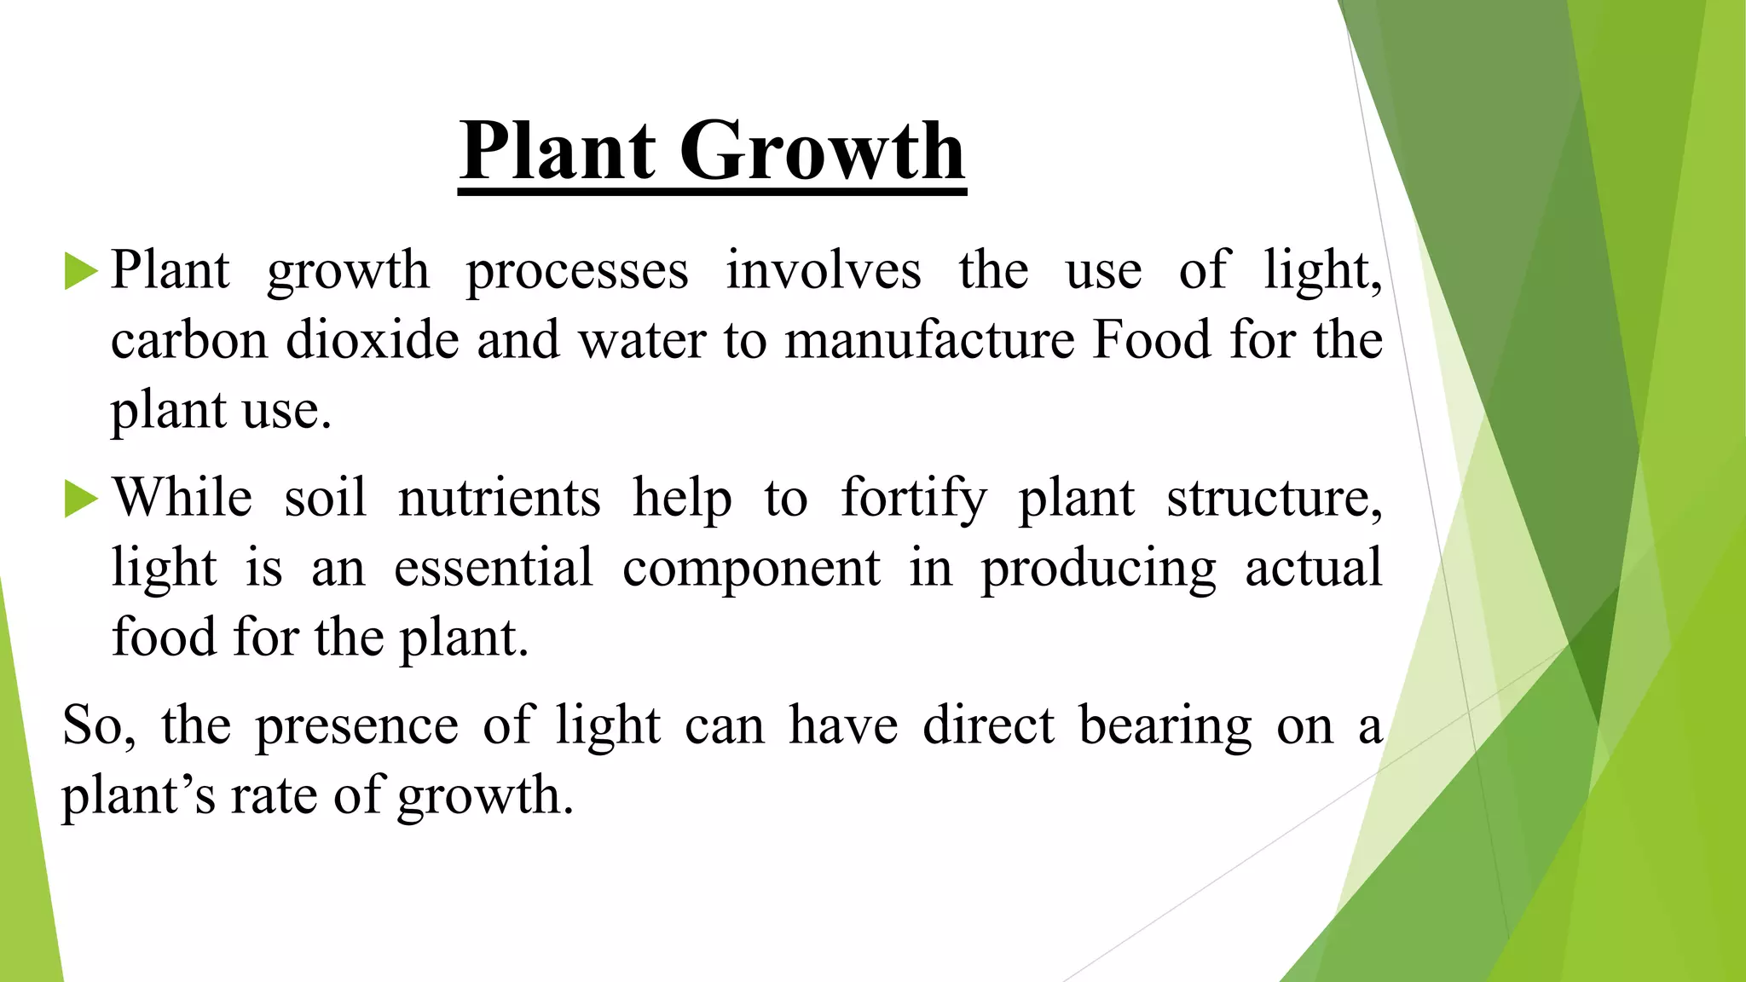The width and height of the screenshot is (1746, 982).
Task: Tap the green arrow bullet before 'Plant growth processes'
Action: click(81, 272)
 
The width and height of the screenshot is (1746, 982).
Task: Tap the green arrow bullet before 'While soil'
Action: click(81, 499)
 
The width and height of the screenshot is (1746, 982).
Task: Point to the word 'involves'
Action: click(824, 271)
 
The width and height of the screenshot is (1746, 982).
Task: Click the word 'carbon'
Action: click(189, 340)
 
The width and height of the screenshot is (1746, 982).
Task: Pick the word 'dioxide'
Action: click(373, 340)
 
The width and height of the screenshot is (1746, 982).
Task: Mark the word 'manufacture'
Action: click(930, 340)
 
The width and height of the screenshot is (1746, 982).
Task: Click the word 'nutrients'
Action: click(500, 499)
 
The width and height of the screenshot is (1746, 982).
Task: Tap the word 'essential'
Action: click(494, 569)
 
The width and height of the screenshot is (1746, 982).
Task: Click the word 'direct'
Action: click(989, 725)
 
